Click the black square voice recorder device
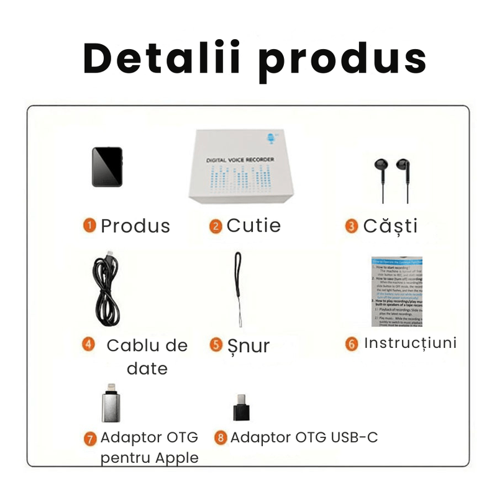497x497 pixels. (107, 166)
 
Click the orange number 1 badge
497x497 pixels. (91, 226)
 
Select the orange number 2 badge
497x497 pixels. (216, 226)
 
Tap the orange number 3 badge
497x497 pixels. (352, 226)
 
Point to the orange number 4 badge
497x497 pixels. (89, 344)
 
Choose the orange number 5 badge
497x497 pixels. (216, 345)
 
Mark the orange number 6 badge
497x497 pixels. (352, 344)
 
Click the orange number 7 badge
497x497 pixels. (91, 438)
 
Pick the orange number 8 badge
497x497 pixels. (221, 438)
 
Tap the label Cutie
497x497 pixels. (253, 226)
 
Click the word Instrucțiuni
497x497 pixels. (410, 343)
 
